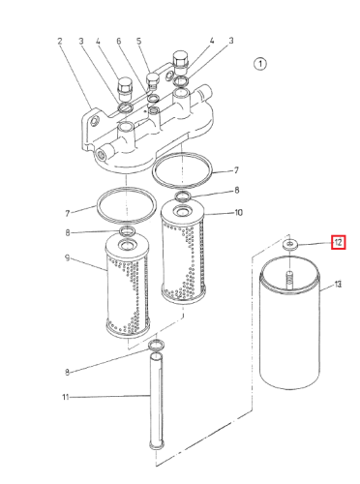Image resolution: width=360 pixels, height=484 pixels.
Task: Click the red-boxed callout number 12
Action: (x=339, y=242)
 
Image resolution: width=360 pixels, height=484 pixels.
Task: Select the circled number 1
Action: (x=260, y=64)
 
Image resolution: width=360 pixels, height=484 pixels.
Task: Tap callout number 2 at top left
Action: (x=60, y=42)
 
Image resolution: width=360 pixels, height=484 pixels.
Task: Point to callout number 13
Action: (x=338, y=285)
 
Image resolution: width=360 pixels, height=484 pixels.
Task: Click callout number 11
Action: (x=66, y=397)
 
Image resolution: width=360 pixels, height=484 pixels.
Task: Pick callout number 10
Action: (x=238, y=213)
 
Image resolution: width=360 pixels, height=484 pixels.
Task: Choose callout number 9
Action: (x=67, y=258)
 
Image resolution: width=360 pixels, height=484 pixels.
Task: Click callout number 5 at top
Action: (x=139, y=41)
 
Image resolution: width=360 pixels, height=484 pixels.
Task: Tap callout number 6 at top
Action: (x=119, y=41)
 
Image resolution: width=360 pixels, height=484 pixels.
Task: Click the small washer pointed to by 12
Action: (x=290, y=244)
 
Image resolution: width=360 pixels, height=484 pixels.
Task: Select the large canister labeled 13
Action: (x=290, y=322)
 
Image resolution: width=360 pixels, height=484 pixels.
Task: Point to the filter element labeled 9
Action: (x=128, y=286)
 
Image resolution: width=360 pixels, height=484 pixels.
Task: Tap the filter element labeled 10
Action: (x=183, y=251)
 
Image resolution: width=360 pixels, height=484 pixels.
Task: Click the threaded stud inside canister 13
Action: (x=290, y=280)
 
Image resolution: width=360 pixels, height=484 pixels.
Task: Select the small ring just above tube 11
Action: (x=157, y=346)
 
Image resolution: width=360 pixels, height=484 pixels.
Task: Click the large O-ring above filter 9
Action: (x=127, y=205)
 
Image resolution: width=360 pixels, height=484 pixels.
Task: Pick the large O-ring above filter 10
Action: (x=183, y=169)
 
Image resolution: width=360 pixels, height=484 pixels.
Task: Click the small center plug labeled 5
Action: (x=152, y=80)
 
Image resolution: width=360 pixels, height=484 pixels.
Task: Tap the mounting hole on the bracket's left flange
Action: (x=96, y=122)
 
